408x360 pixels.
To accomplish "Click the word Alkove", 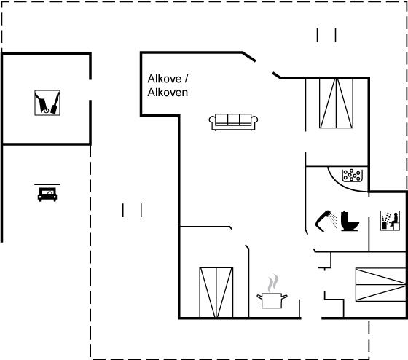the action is tap(165, 79).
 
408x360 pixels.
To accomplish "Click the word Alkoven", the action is tap(168, 93).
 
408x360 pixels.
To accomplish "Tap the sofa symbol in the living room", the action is tap(233, 122).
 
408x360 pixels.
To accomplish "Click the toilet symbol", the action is tap(350, 221).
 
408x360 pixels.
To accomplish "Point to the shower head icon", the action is tap(323, 221).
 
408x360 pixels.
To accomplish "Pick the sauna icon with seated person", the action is tap(390, 221).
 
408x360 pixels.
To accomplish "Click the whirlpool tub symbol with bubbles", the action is tap(352, 175).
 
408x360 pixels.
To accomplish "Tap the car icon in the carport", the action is tap(47, 194).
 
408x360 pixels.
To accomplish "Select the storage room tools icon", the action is tap(47, 103).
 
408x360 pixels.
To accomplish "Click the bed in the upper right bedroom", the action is tap(336, 103).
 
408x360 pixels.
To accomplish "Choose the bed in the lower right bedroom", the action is tap(381, 284).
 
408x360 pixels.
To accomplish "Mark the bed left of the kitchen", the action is tap(216, 292).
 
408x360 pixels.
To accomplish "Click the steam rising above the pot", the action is tap(273, 283).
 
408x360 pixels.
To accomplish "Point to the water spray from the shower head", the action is tap(333, 220).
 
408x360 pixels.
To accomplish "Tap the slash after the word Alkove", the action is tap(186, 79).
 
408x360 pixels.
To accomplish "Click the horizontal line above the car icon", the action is tap(47, 184).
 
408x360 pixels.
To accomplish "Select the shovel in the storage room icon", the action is tap(55, 103).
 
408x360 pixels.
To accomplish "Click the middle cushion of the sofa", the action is tap(233, 119).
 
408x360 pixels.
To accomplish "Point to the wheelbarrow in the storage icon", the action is tap(42, 103).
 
